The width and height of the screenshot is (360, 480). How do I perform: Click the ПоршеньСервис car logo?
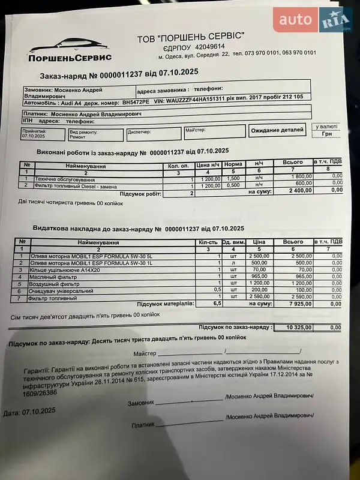point(69,48)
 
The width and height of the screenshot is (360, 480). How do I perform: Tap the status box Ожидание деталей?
point(277,130)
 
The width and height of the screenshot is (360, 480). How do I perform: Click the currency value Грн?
point(327,134)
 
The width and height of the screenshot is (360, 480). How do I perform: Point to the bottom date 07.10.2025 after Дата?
point(38,412)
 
